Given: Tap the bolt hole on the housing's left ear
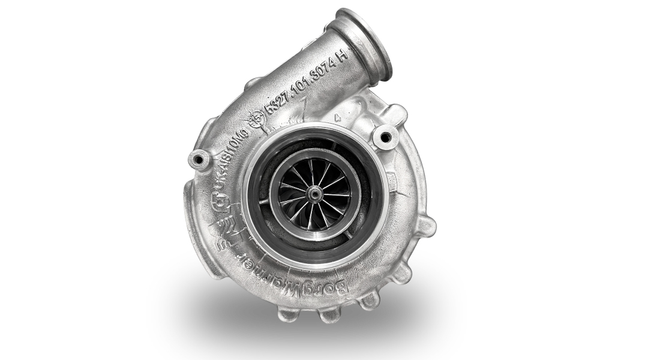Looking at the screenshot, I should point(196,160).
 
